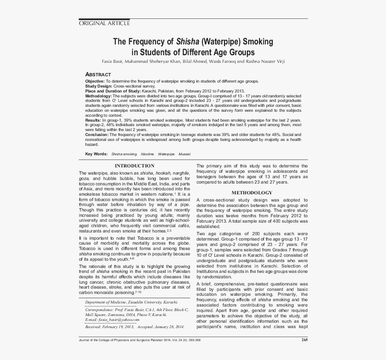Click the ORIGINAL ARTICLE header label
point(104,23)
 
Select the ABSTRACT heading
point(98,74)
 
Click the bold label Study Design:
point(99,85)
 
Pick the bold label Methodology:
point(98,96)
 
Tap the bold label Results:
point(93,120)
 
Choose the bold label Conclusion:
point(96,135)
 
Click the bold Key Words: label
point(96,154)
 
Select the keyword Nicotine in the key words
point(147,154)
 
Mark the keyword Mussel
point(184,154)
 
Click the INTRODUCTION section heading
point(135,166)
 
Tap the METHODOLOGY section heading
point(252,193)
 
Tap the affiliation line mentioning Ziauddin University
point(131,302)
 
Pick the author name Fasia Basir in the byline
point(113,61)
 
